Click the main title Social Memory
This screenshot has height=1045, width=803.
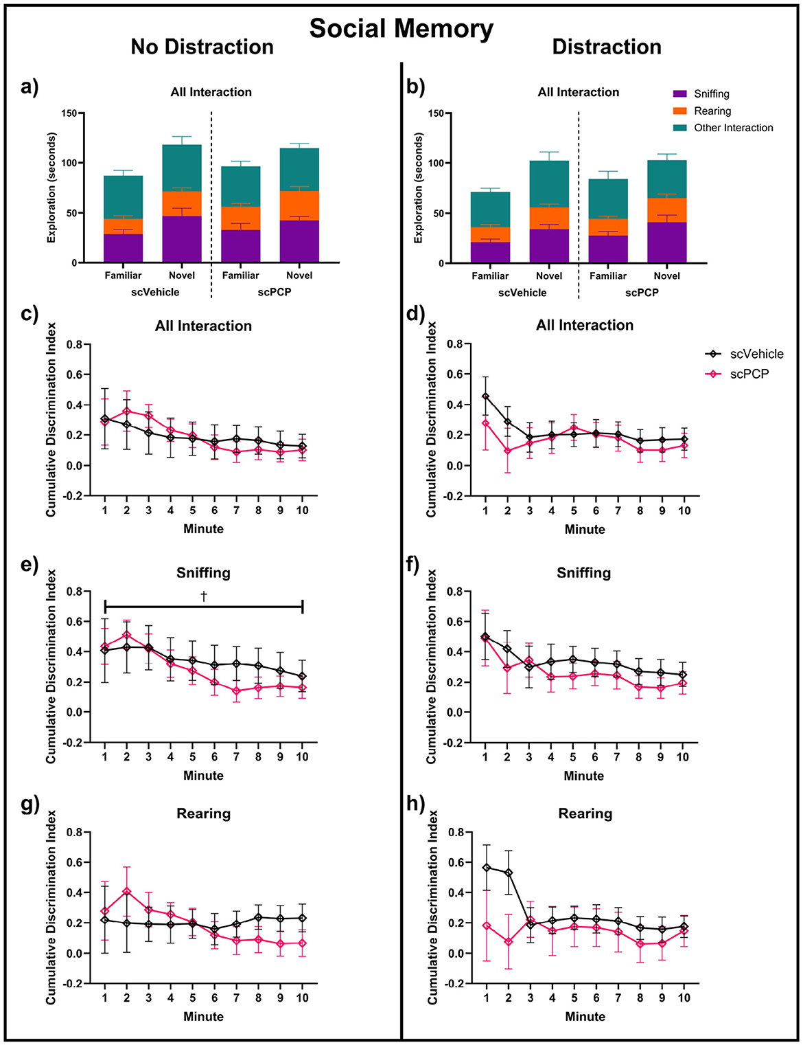[x=401, y=29]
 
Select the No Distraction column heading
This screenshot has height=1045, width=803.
[x=202, y=47]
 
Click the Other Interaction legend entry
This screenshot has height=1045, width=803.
[x=733, y=128]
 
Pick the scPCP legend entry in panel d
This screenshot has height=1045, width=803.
[x=749, y=374]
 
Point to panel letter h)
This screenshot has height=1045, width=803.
[x=415, y=803]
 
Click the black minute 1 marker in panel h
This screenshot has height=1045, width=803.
[x=486, y=868]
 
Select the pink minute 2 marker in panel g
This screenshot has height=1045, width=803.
[x=127, y=891]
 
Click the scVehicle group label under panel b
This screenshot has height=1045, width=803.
[x=522, y=293]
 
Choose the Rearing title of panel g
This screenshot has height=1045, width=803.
[x=203, y=813]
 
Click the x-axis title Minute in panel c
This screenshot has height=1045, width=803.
[x=203, y=529]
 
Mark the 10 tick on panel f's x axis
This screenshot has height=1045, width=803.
[x=684, y=757]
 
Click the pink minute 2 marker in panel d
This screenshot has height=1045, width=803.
[x=508, y=451]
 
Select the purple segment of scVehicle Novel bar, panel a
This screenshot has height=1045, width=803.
[x=182, y=239]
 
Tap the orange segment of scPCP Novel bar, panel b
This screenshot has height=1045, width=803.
[x=666, y=210]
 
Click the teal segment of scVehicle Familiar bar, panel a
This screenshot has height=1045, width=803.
[x=124, y=197]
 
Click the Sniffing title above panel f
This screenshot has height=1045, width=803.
[x=583, y=573]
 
